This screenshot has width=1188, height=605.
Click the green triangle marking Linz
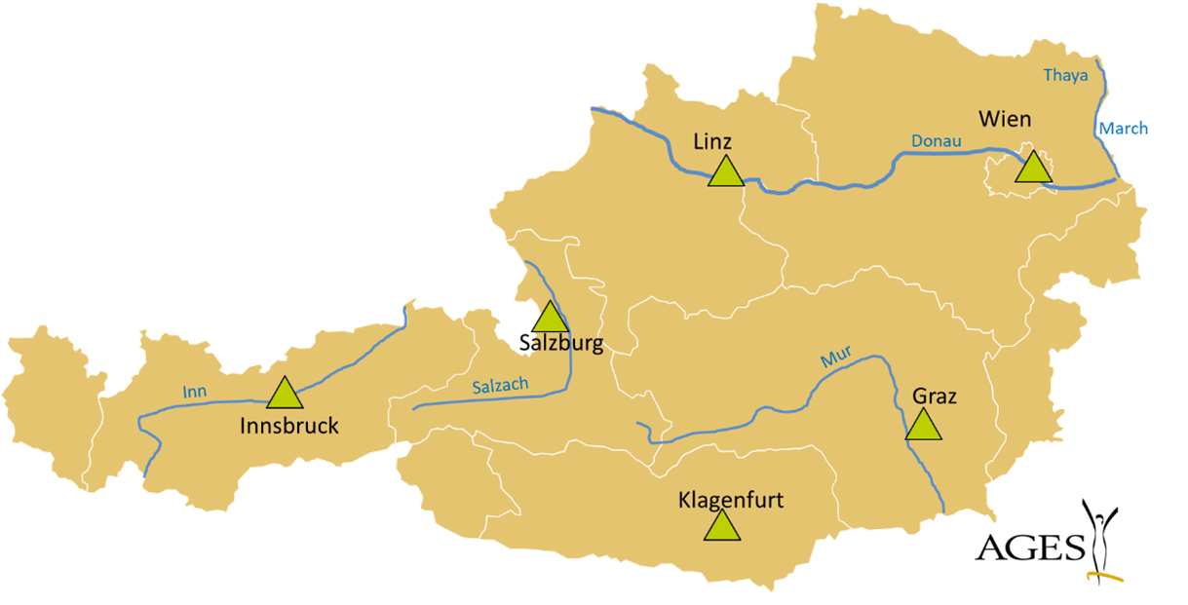click(725, 173)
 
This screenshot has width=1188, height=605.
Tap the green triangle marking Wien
click(1033, 169)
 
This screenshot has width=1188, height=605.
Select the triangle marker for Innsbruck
click(285, 394)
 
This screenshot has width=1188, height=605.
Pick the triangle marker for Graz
click(923, 426)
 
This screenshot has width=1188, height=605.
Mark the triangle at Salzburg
click(550, 319)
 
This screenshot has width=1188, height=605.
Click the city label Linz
click(712, 141)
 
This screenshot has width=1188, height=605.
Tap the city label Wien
click(1005, 119)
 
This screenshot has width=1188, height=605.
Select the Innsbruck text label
click(289, 426)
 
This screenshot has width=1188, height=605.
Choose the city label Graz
click(935, 397)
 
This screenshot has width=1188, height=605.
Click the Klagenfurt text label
click(730, 501)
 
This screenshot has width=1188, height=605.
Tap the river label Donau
click(936, 142)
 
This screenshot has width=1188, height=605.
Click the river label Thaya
click(1065, 75)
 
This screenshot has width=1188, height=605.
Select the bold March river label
click(1124, 129)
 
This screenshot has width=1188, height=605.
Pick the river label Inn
click(195, 393)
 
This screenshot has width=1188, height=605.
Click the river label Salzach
click(500, 386)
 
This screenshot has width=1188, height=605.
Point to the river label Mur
click(835, 359)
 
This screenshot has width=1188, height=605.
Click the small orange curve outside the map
click(1106, 577)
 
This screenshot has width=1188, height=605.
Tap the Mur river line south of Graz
click(930, 477)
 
